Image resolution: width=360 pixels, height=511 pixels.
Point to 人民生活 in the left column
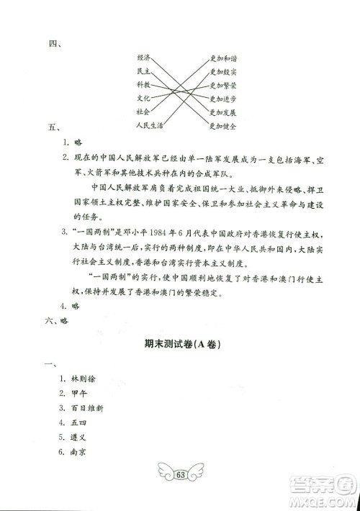(149, 125)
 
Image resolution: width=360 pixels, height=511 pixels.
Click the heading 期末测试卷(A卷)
(180, 345)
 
